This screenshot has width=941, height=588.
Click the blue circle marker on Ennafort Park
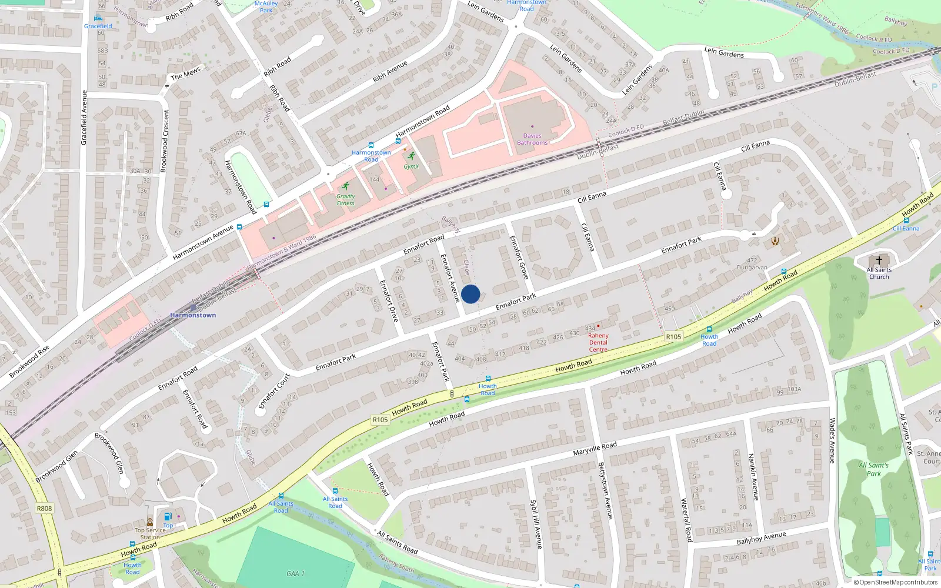tap(470, 294)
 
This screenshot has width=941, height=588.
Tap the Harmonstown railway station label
tap(193, 315)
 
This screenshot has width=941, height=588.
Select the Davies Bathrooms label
tap(532, 139)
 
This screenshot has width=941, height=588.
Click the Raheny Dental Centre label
tap(598, 342)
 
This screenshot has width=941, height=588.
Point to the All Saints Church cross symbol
tap(879, 260)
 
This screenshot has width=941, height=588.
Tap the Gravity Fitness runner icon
tap(345, 186)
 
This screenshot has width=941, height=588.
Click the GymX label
tap(411, 166)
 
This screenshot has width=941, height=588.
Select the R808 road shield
tap(44, 509)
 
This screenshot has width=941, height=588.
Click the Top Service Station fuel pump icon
tap(168, 516)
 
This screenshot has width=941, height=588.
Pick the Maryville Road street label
tap(595, 449)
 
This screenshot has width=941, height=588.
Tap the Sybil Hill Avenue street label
tap(536, 525)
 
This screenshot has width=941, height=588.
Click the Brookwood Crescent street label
tap(165, 141)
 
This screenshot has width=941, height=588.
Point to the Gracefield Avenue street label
tap(84, 118)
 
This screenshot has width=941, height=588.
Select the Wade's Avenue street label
tap(832, 440)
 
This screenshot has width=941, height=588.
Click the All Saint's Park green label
tap(873, 469)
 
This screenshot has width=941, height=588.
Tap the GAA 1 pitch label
tap(295, 573)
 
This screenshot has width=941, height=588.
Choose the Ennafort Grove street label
tap(518, 257)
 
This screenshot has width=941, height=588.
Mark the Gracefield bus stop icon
tap(98, 18)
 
